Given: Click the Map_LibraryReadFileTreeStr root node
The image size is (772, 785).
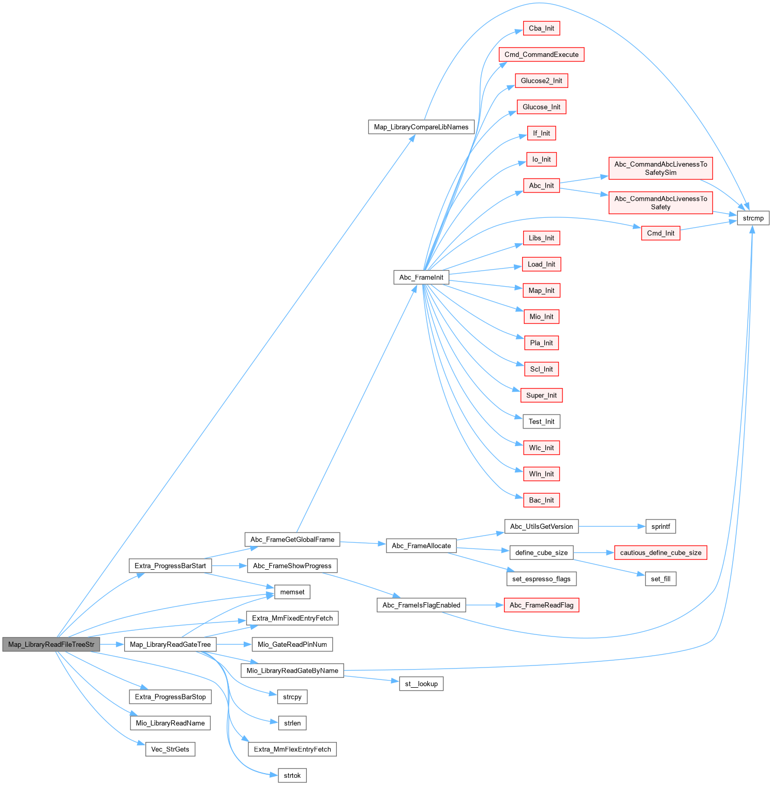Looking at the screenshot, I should pyautogui.click(x=51, y=644).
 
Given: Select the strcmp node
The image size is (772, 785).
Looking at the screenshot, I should pyautogui.click(x=753, y=218).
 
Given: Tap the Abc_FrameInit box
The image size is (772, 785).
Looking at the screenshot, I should pyautogui.click(x=421, y=277).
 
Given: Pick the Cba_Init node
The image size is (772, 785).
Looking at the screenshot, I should pyautogui.click(x=541, y=28).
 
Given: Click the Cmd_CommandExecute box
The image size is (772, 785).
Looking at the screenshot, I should pyautogui.click(x=541, y=54).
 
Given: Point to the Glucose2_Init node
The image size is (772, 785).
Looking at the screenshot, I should pyautogui.click(x=541, y=81).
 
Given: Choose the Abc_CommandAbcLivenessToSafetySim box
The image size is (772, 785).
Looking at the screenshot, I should pyautogui.click(x=660, y=168).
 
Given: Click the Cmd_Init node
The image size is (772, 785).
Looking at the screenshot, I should pyautogui.click(x=660, y=233).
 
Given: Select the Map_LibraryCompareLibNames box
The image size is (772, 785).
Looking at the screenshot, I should pyautogui.click(x=421, y=127).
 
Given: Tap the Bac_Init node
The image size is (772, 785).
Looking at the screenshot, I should pyautogui.click(x=541, y=500).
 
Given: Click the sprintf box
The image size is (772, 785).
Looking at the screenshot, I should pyautogui.click(x=660, y=526).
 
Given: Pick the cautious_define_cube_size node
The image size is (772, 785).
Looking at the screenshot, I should pyautogui.click(x=660, y=553).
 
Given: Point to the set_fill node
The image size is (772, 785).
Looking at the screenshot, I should pyautogui.click(x=660, y=579).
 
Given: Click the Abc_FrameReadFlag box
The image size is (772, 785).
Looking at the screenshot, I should pyautogui.click(x=541, y=605).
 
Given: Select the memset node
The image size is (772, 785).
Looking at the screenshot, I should pyautogui.click(x=292, y=592).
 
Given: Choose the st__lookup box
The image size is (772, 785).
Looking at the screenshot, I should pyautogui.click(x=421, y=684).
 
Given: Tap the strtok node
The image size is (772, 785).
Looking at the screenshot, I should pyautogui.click(x=292, y=775).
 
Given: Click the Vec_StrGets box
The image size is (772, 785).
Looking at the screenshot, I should pyautogui.click(x=170, y=749).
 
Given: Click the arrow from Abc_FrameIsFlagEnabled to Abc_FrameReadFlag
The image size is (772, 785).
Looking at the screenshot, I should pyautogui.click(x=484, y=605).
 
